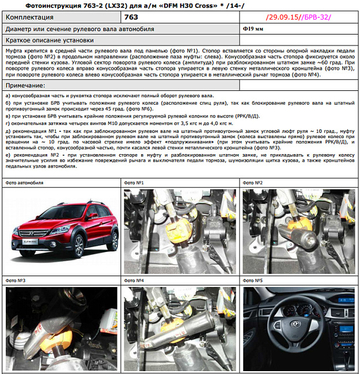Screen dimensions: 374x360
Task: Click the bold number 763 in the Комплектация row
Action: coord(131,17)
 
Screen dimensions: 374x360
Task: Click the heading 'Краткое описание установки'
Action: coord(50,40)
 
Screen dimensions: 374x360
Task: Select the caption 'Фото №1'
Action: coord(134,183)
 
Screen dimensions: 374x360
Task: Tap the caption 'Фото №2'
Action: coord(253,183)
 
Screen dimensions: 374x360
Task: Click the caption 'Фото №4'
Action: coord(134,281)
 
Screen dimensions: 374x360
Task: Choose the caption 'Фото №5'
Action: coord(253,281)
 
